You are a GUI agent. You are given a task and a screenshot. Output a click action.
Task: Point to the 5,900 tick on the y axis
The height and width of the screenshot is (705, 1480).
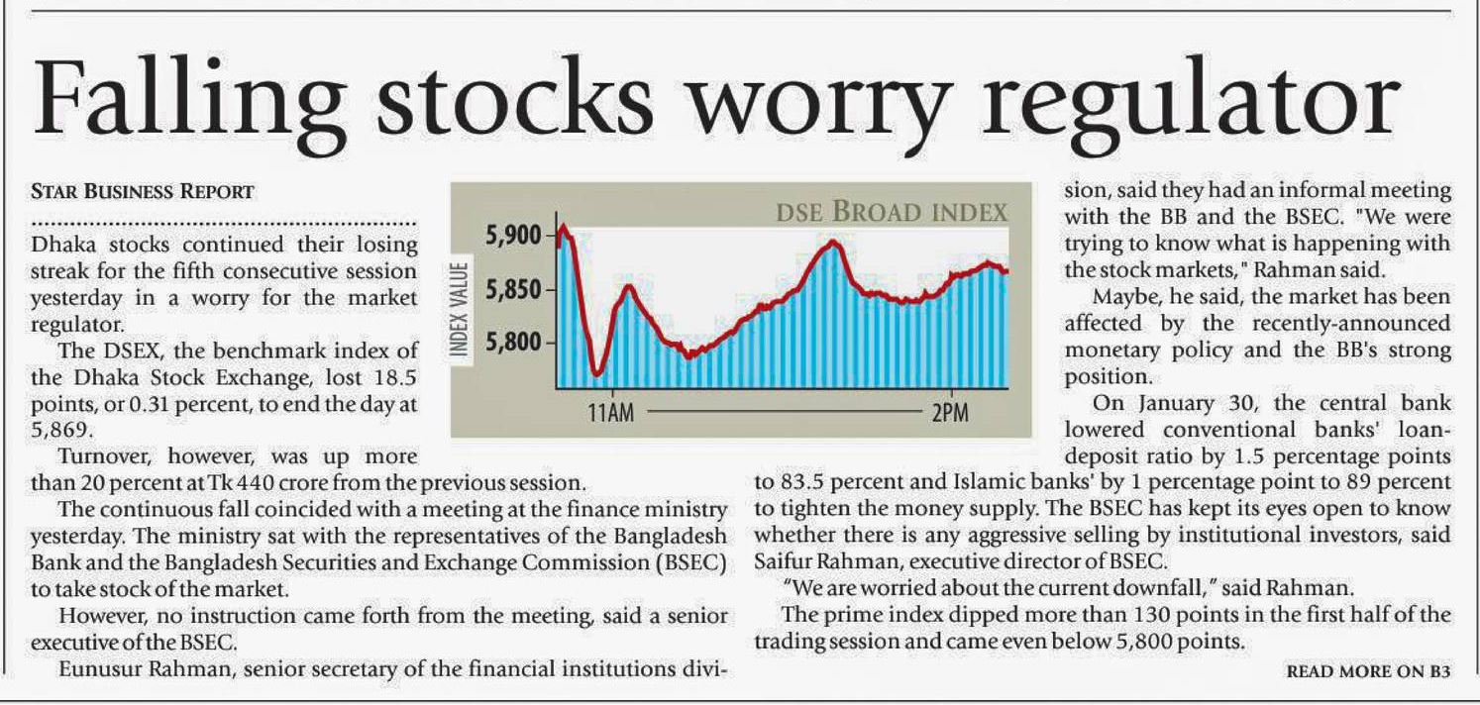[x=514, y=236]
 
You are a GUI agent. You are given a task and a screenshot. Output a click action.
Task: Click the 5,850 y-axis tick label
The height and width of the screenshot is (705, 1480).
[x=514, y=290]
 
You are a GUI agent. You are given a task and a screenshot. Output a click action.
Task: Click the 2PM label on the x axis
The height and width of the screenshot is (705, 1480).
[x=949, y=413]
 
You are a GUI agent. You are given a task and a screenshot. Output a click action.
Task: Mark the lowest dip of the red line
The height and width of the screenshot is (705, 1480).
[x=596, y=373]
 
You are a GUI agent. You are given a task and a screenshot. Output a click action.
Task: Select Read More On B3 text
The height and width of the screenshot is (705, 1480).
[x=1368, y=671]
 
